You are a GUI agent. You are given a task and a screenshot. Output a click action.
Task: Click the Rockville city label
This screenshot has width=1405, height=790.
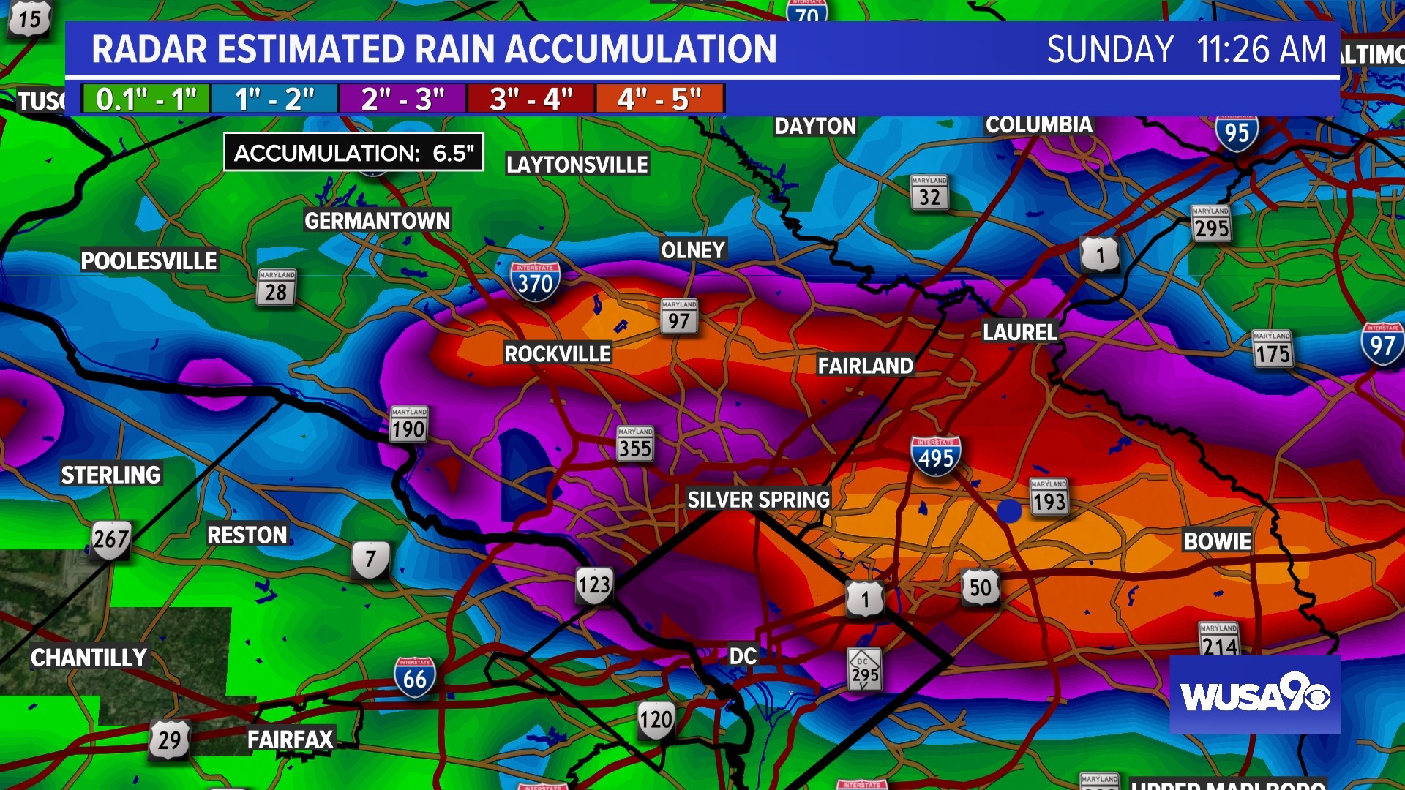pyautogui.click(x=557, y=354)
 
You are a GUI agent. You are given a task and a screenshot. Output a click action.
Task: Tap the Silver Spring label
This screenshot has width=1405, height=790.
pyautogui.click(x=758, y=500)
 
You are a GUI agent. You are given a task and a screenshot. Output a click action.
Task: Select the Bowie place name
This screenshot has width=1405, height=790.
pyautogui.click(x=1217, y=541)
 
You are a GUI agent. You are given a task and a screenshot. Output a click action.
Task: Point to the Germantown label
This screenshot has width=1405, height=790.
pyautogui.click(x=377, y=221)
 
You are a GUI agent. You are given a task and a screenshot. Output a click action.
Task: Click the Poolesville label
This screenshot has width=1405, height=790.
pyautogui.click(x=149, y=261)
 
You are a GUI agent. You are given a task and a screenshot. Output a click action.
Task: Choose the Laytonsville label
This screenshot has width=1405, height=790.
pyautogui.click(x=577, y=165)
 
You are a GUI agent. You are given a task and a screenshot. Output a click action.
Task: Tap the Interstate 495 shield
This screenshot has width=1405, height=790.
pyautogui.click(x=935, y=456)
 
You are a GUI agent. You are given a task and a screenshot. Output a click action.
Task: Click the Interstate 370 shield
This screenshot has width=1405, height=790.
pyautogui.click(x=535, y=282)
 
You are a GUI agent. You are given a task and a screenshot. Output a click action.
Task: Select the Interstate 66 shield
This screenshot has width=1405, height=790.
pyautogui.click(x=415, y=677)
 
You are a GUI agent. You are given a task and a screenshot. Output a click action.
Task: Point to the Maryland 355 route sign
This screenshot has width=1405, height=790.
pyautogui.click(x=634, y=444)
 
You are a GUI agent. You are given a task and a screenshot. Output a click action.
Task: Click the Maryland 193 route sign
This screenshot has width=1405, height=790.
pyautogui.click(x=1049, y=497)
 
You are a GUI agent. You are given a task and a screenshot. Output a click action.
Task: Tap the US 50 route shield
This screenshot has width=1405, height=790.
pyautogui.click(x=980, y=587)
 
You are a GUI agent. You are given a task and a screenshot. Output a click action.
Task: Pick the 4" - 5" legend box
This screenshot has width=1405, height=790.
pyautogui.click(x=660, y=99)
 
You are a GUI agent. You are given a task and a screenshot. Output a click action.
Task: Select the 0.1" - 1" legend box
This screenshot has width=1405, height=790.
pyautogui.click(x=146, y=99)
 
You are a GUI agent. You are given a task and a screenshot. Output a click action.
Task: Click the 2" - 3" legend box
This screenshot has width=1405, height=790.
pyautogui.click(x=402, y=99)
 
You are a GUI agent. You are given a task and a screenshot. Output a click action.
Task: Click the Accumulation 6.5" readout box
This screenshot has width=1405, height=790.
pyautogui.click(x=353, y=152)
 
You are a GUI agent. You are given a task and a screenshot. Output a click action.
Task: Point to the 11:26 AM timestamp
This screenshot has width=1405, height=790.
pyautogui.click(x=1260, y=50)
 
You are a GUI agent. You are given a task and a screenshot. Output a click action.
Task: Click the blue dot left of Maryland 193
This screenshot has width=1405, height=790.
pyautogui.click(x=1009, y=511)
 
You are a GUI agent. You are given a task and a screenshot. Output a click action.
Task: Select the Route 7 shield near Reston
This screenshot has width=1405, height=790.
pyautogui.click(x=370, y=560)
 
